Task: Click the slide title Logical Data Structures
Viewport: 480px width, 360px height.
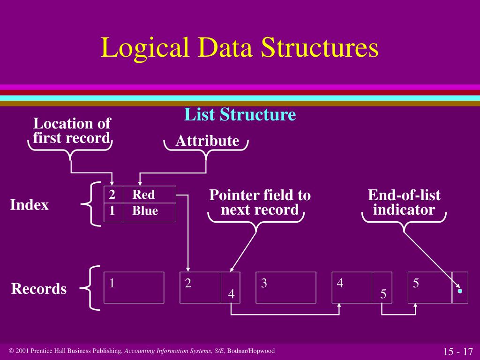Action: [x=240, y=48]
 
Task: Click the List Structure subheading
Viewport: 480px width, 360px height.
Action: [x=240, y=114]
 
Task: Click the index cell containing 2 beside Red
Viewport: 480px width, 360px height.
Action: [x=112, y=195]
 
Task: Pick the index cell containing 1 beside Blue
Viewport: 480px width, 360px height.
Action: [x=112, y=211]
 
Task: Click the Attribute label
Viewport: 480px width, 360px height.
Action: [x=207, y=141]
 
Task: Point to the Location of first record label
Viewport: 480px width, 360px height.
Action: [x=72, y=131]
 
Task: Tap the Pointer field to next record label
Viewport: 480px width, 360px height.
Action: [x=260, y=202]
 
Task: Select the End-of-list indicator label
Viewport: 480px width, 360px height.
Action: [x=404, y=202]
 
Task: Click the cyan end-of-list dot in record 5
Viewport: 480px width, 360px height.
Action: [x=460, y=291]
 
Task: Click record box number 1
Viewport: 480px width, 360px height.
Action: [x=134, y=287]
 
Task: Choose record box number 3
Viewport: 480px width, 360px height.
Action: [x=285, y=287]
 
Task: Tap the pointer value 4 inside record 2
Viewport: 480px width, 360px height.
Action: [x=231, y=294]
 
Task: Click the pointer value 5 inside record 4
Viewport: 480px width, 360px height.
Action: [x=383, y=294]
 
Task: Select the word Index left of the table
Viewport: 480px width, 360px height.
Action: [x=30, y=205]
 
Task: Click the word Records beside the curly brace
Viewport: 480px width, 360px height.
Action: [x=39, y=289]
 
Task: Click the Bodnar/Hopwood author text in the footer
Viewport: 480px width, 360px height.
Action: [x=251, y=351]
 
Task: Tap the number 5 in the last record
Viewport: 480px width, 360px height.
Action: [x=416, y=283]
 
